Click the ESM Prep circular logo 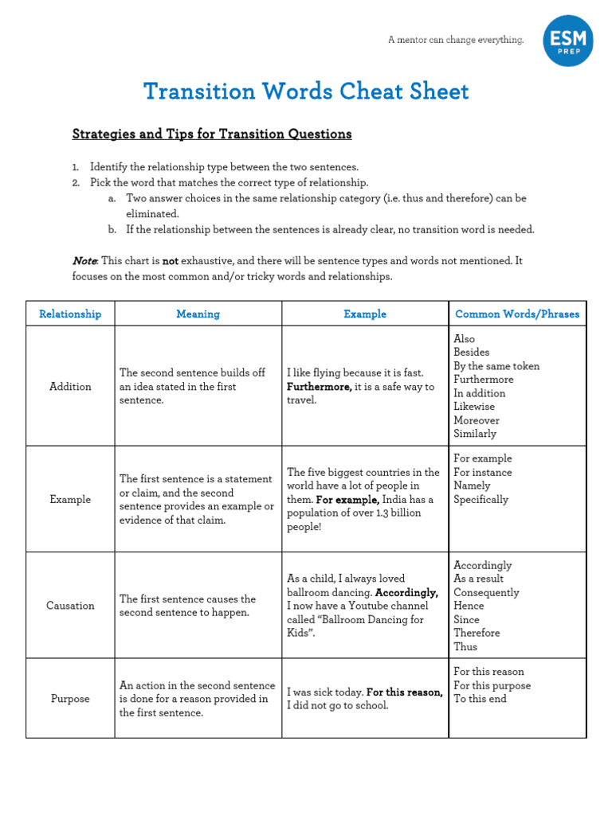[x=568, y=41]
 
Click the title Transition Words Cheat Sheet [x=306, y=92]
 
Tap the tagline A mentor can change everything [x=455, y=40]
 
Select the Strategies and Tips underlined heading [x=211, y=134]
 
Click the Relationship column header [x=70, y=314]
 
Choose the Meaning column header [x=198, y=314]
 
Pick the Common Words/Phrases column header [x=517, y=314]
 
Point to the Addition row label [x=70, y=386]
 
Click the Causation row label [x=70, y=605]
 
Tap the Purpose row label [x=70, y=699]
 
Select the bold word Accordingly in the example [x=406, y=592]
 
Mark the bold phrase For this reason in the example [x=404, y=692]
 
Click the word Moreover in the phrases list [x=477, y=420]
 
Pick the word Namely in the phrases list [x=472, y=485]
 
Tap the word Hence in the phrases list [x=469, y=606]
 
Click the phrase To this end [x=480, y=699]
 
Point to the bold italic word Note [x=84, y=261]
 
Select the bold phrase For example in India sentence [x=347, y=500]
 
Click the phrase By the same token [x=496, y=366]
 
